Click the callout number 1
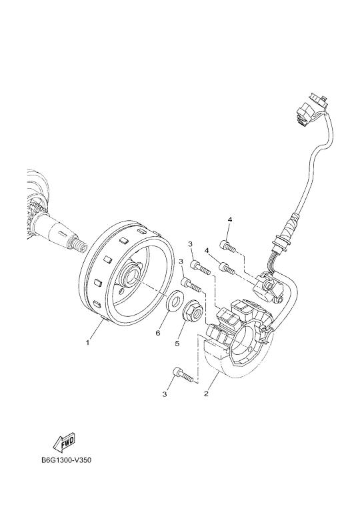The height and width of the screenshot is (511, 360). click(87, 342)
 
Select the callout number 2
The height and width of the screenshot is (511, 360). click(206, 394)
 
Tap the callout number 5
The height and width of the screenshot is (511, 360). click(177, 343)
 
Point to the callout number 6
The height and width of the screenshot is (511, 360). click(158, 333)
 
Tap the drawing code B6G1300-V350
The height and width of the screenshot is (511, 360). click(66, 461)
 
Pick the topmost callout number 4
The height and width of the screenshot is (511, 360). click(230, 220)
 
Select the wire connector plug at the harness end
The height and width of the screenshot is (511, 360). click(310, 109)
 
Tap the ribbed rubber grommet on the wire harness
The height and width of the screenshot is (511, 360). click(290, 227)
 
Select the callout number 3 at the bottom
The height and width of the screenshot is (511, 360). click(165, 394)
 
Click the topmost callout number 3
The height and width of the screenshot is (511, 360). click(190, 243)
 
